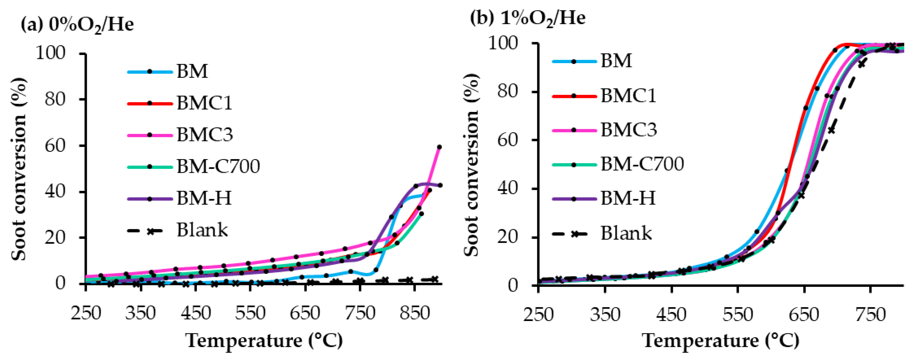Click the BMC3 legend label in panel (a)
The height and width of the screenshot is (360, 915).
tap(204, 135)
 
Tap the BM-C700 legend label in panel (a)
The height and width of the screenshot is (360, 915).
tap(218, 166)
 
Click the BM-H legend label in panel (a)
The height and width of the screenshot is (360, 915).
tap(204, 198)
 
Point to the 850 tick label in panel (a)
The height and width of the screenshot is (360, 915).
tap(415, 313)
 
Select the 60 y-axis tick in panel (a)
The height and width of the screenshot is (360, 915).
tap(55, 146)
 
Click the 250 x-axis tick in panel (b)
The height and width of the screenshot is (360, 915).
tap(538, 315)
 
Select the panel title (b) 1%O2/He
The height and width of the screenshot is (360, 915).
tap(527, 18)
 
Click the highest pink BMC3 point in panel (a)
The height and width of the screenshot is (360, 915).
tap(439, 147)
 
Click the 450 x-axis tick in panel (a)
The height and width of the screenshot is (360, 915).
tap(195, 313)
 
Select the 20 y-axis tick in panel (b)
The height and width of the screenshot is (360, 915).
tap(513, 237)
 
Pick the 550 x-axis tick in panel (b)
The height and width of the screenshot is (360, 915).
tap(738, 315)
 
